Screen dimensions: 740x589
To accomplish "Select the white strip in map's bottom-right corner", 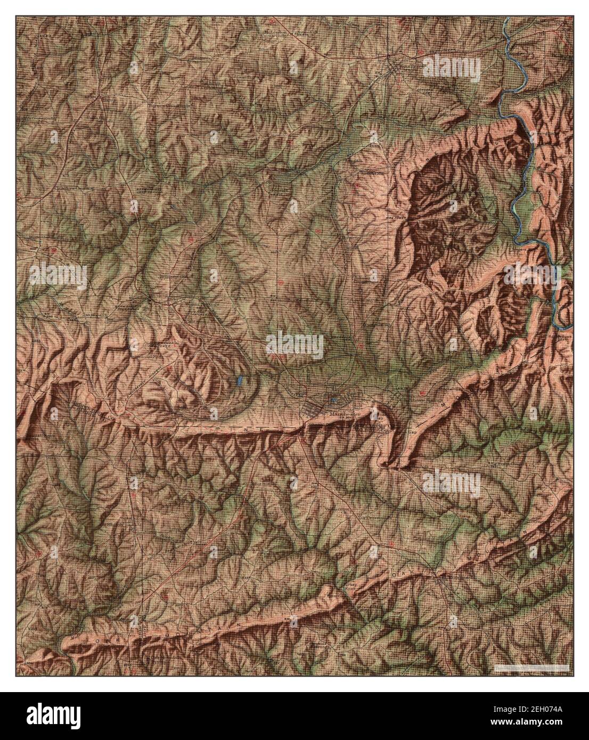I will click(x=530, y=667).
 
